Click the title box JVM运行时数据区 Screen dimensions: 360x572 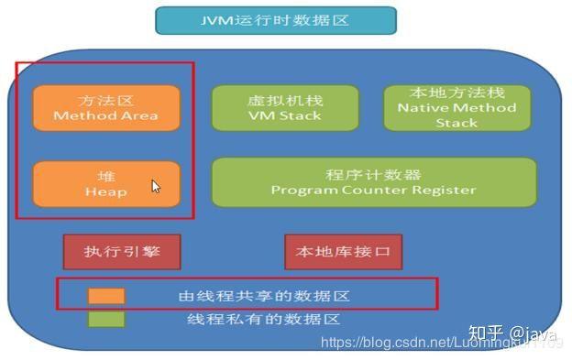coord(275,20)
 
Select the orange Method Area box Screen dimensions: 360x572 coord(105,106)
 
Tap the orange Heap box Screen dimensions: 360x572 coord(105,183)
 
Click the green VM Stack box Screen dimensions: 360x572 coord(284,107)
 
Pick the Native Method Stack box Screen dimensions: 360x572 coord(456,107)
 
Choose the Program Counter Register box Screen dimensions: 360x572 coord(373,181)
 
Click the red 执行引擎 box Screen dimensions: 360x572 coord(120,251)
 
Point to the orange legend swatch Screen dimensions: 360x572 coord(106,296)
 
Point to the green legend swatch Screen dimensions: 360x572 coord(106,319)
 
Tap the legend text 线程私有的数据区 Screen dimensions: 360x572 coord(264,320)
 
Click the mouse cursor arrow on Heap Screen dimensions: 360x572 coord(156,186)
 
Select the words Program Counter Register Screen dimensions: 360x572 coord(373,190)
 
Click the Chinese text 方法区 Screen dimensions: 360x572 coord(105,99)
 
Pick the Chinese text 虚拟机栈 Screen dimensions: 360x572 coord(284,100)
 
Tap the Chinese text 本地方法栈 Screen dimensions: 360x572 coord(456,93)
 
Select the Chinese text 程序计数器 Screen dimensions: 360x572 coord(373,174)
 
